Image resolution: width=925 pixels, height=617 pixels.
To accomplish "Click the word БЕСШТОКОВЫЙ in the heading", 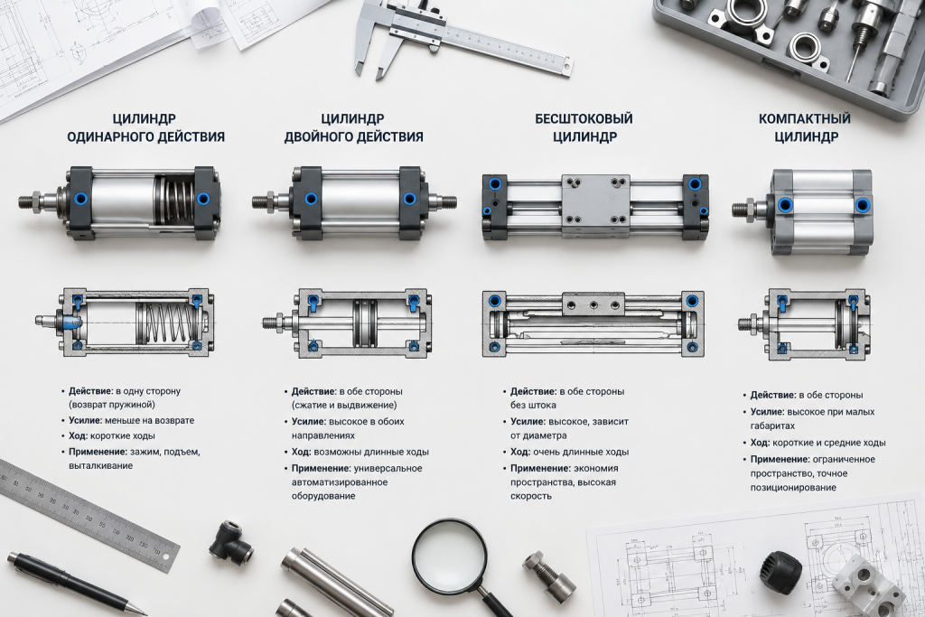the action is pos(584,118).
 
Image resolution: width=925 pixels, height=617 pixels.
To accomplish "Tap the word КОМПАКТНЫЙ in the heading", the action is pos(805,118).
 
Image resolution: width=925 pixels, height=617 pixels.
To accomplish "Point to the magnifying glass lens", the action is pos(450,555).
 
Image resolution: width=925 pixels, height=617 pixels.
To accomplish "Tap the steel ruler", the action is pos(89,514).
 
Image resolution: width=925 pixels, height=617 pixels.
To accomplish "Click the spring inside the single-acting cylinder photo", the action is pos(176,201).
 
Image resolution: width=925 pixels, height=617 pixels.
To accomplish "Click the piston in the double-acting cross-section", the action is pos(365,323).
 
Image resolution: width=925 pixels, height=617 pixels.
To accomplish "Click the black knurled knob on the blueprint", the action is pos(780,573).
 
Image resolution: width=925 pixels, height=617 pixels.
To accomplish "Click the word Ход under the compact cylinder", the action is pos(759,443).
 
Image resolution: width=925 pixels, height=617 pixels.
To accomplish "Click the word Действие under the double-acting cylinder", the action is pos(313,391).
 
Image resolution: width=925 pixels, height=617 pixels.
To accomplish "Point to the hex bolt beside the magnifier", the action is pos(548,576).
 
